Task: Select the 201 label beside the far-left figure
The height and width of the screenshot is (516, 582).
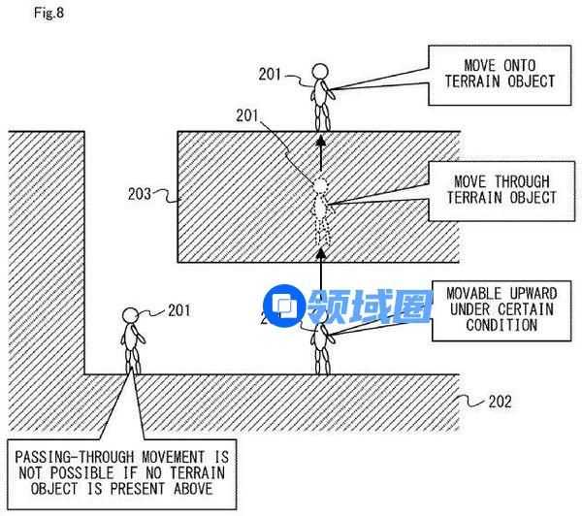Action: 178,310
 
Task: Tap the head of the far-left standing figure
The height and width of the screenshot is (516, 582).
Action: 130,315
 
